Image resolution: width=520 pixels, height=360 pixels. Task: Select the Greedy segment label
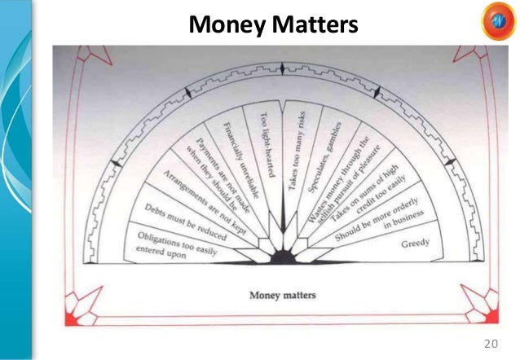(415, 244)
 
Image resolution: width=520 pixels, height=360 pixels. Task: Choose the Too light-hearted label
(266, 147)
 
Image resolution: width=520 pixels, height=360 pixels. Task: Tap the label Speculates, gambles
(324, 158)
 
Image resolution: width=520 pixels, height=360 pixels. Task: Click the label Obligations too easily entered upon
(170, 243)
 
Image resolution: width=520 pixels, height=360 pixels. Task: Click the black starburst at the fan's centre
(281, 257)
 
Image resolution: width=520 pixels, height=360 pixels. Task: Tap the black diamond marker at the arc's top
(282, 68)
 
